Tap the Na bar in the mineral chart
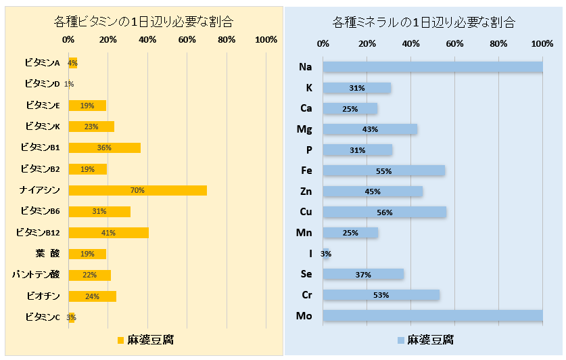(x=433, y=67)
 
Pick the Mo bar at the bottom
(x=433, y=315)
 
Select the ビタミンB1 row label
(x=41, y=148)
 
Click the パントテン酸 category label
(x=37, y=275)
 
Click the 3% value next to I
(x=326, y=254)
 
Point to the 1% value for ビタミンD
(x=69, y=85)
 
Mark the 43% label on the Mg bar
(x=370, y=129)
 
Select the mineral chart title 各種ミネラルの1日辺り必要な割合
(x=424, y=22)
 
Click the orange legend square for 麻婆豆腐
(x=120, y=340)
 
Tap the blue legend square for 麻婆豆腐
(x=400, y=340)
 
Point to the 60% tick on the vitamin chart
(x=187, y=40)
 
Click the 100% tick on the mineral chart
(x=542, y=44)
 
